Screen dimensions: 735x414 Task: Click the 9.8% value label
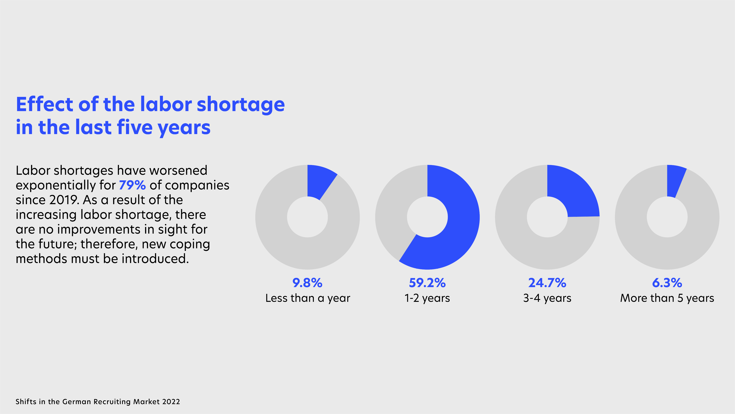pos(307,283)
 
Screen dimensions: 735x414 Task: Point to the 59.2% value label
pos(427,283)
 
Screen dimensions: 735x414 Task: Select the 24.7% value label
pos(547,283)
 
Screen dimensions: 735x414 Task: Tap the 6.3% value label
pos(667,283)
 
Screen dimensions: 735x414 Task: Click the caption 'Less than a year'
pos(308,298)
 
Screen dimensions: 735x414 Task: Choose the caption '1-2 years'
pos(427,298)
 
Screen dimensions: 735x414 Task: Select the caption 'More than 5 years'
pos(667,298)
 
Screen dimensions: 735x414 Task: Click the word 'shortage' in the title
pos(241,105)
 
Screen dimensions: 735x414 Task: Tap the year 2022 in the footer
pos(171,402)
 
